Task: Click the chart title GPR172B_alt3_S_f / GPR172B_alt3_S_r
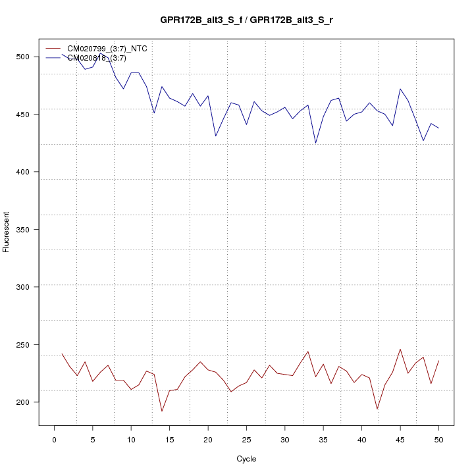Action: coord(246,20)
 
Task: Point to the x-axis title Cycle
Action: coord(246,459)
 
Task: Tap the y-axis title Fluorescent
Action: coord(7,232)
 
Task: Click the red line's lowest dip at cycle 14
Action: coord(162,411)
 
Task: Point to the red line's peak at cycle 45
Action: coord(400,349)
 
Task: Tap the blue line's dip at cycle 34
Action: coord(315,143)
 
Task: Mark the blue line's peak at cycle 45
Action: coord(400,89)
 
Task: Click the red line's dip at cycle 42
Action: coord(377,409)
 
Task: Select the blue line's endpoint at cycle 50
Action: coord(438,128)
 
